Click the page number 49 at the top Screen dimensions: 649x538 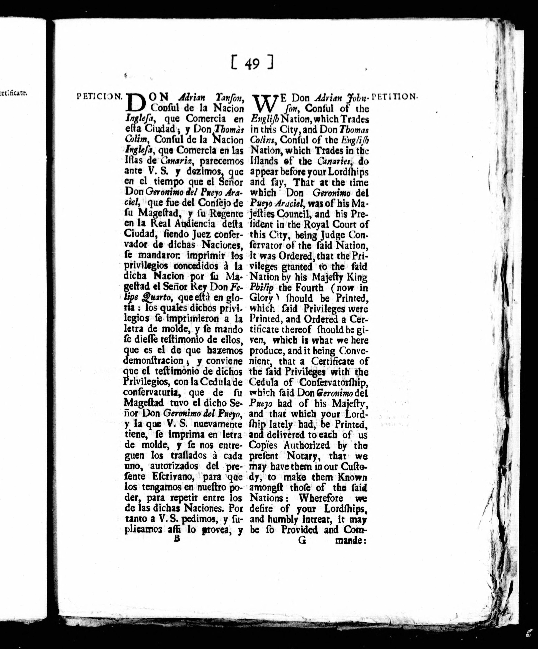(x=252, y=64)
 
